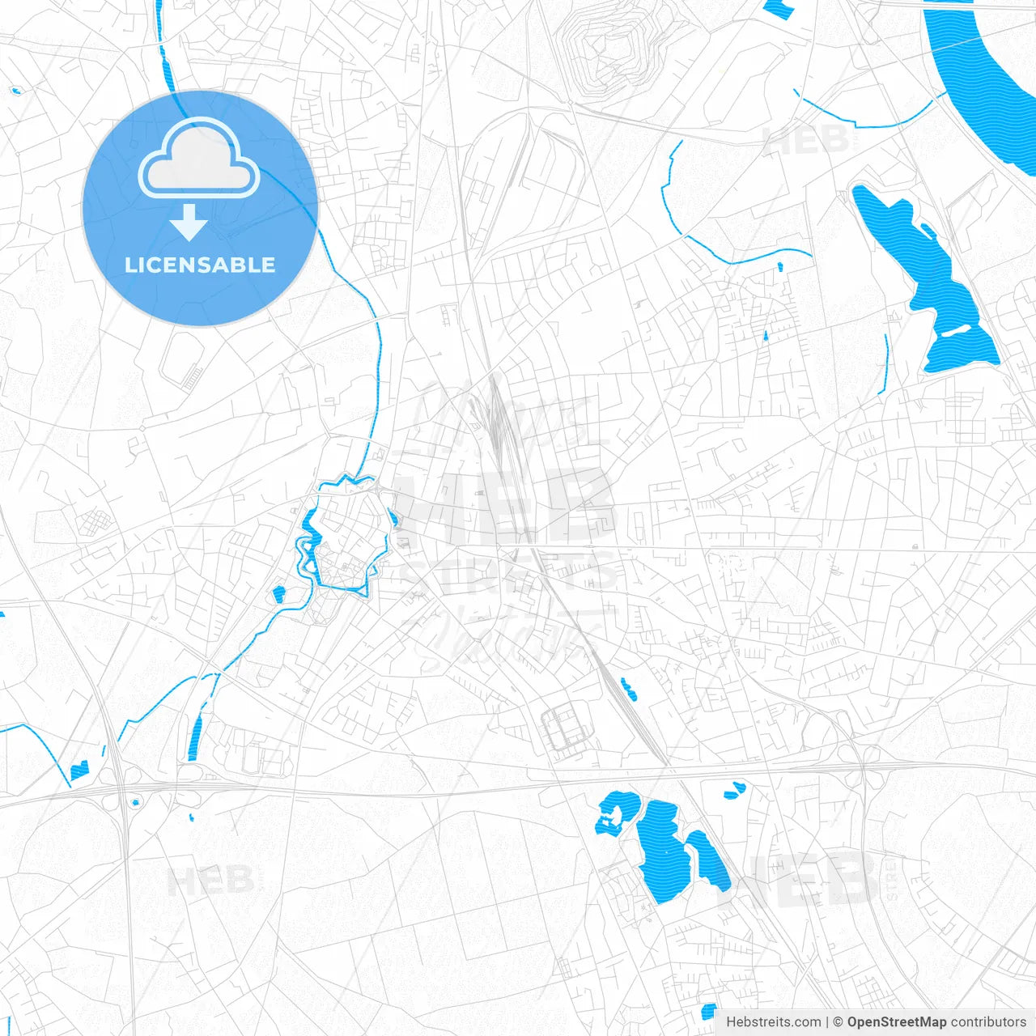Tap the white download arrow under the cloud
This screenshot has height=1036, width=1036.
coord(189,223)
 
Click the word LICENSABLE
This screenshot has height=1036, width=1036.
coord(200,265)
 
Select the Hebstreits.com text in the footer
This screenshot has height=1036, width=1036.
coord(773,1022)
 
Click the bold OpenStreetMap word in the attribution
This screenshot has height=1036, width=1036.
coord(896,1022)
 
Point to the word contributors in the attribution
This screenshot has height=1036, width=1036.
coord(988,1022)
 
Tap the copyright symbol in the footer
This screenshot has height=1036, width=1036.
coord(838,1022)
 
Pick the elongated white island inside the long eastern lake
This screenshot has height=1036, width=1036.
coord(954,331)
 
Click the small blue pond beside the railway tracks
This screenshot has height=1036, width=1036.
coord(628,689)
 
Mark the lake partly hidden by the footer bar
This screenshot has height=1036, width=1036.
coord(708,1012)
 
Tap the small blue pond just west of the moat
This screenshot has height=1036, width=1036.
coord(279,593)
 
